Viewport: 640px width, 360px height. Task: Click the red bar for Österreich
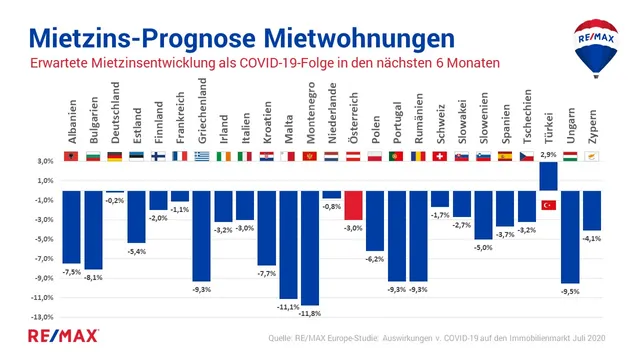pos(353,205)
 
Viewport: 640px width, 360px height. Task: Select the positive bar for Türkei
pos(548,176)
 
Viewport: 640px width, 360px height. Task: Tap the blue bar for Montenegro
pos(310,247)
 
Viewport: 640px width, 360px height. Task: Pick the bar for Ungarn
pos(570,237)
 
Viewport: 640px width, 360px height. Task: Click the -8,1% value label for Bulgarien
pos(94,277)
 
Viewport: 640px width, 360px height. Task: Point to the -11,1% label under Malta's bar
pos(288,306)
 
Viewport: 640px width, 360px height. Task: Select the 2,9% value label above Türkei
pos(548,155)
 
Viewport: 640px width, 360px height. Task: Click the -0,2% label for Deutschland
pos(115,200)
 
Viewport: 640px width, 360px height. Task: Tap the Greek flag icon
pos(201,157)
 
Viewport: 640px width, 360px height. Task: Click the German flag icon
pos(115,157)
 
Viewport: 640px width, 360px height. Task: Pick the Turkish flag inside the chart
pos(548,205)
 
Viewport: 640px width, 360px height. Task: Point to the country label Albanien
pos(72,124)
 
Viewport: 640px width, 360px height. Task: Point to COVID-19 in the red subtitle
pos(288,63)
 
